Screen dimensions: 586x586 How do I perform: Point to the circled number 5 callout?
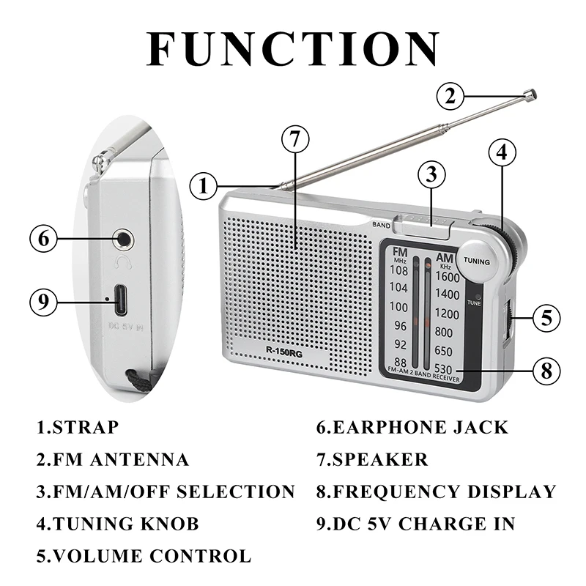click(546, 318)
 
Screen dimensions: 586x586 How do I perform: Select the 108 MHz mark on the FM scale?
click(398, 270)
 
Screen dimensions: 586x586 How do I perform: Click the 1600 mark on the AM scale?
click(447, 277)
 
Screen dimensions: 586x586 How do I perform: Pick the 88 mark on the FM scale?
click(400, 362)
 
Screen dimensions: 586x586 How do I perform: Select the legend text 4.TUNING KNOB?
click(117, 524)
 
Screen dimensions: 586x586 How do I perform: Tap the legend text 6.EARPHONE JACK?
click(412, 427)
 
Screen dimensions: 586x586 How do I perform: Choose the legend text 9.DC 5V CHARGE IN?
click(415, 524)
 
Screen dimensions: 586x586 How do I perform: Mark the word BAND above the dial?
click(381, 225)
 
